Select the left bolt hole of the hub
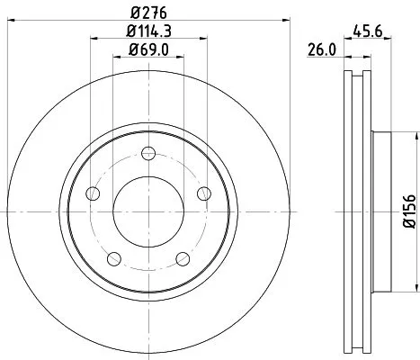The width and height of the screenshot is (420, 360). pos(92,193)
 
